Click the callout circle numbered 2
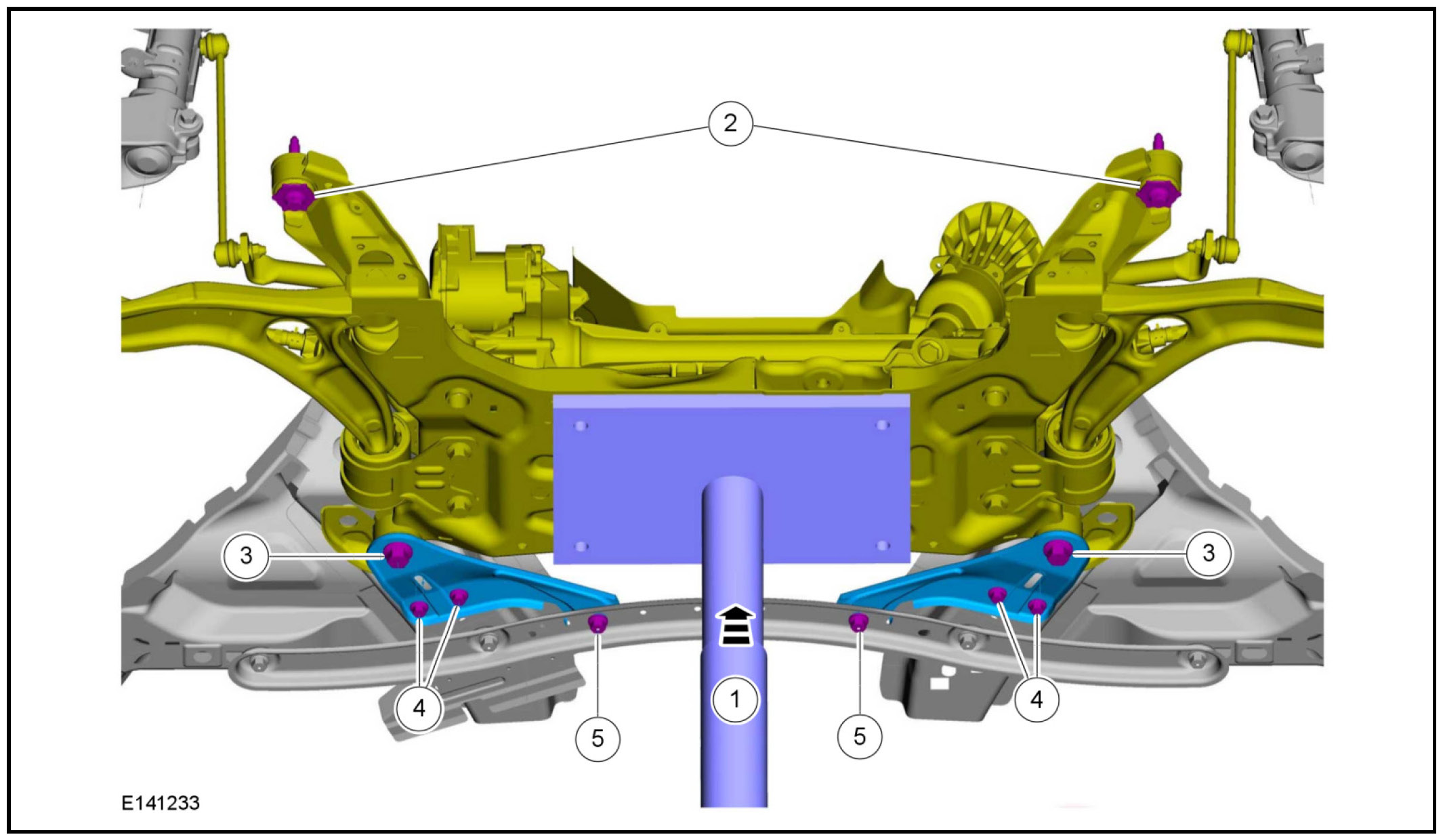pyautogui.click(x=730, y=123)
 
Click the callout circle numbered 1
pyautogui.click(x=735, y=699)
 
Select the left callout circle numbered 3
pyautogui.click(x=247, y=556)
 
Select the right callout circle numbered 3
pyautogui.click(x=1209, y=553)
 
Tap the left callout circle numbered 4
pyautogui.click(x=419, y=708)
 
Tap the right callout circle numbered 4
pyautogui.click(x=1037, y=699)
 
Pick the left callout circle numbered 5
pyautogui.click(x=598, y=738)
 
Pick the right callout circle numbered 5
pyautogui.click(x=860, y=737)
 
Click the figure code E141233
pyautogui.click(x=161, y=803)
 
